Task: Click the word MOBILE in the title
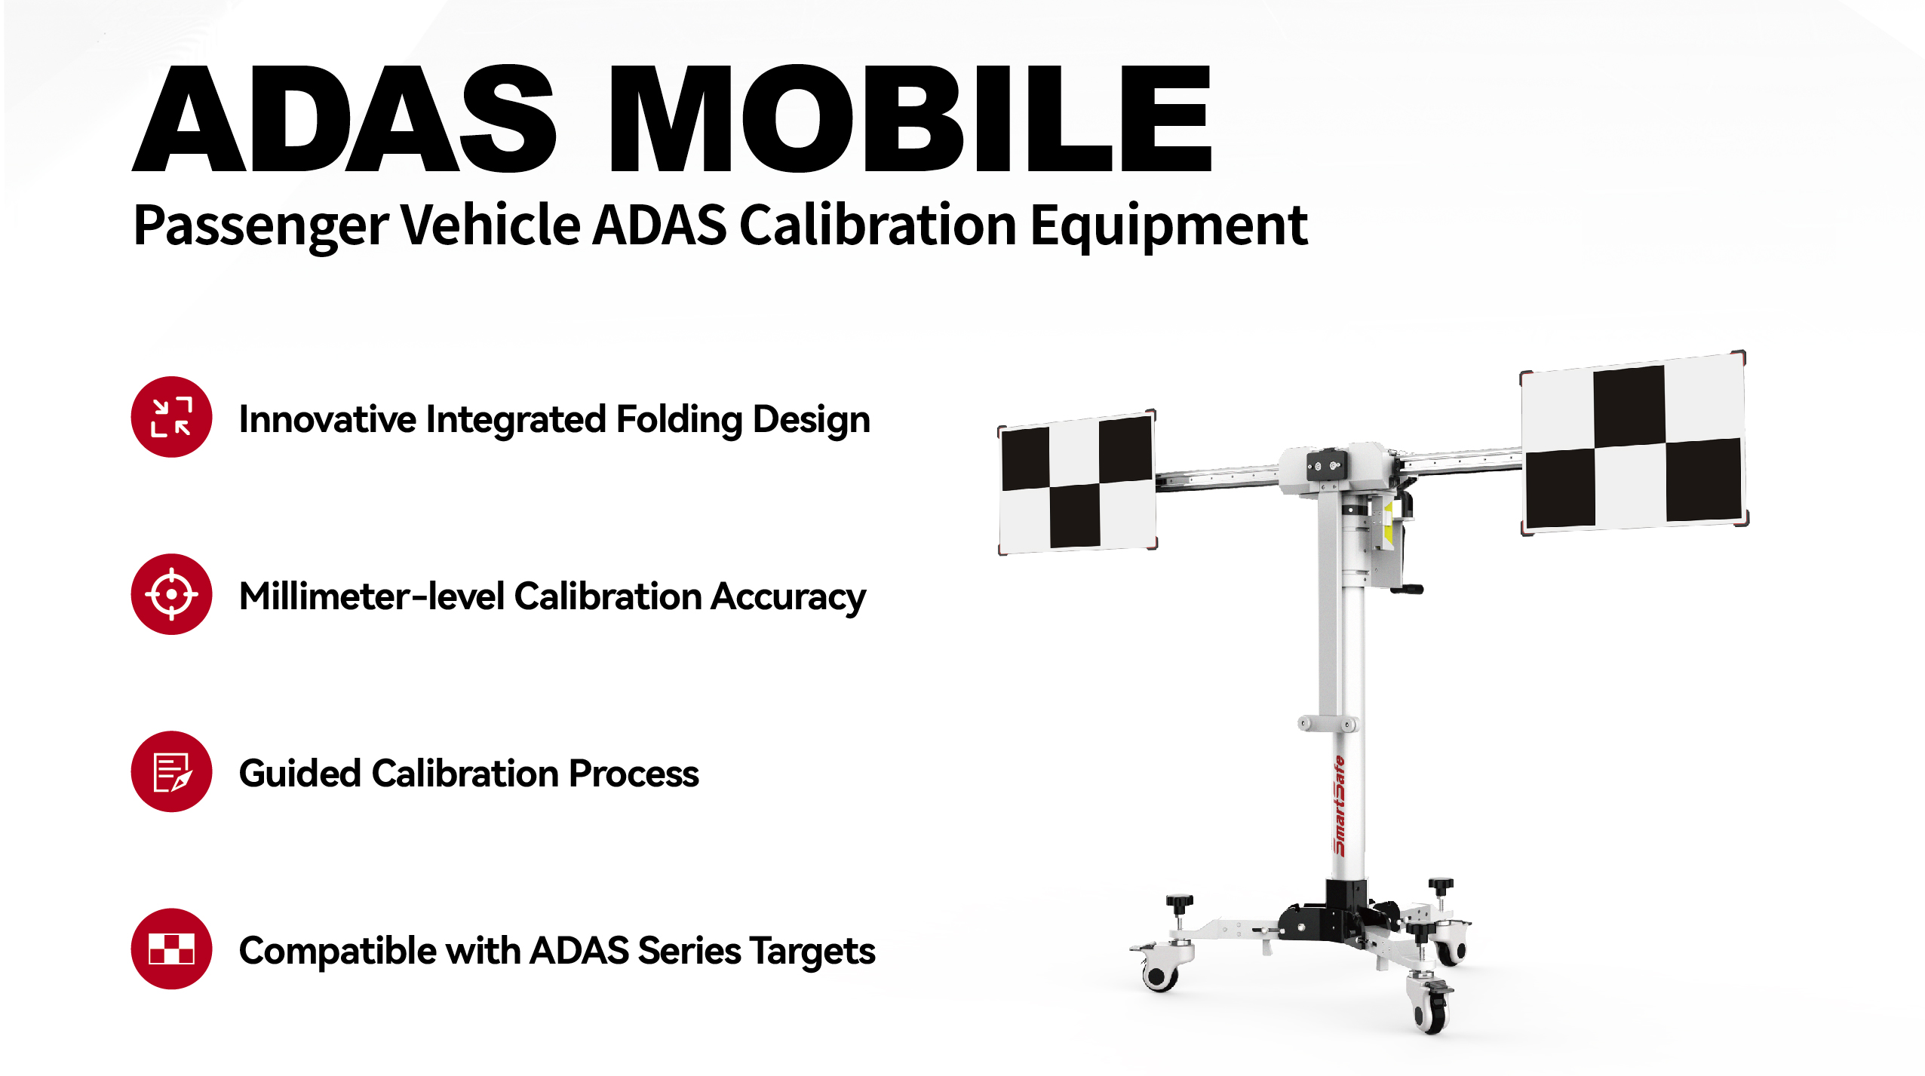910,118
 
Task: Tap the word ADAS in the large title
344,118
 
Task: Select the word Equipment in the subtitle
1168,226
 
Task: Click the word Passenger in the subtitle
261,226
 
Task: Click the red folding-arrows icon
171,417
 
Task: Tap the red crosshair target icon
171,594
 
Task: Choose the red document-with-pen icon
171,771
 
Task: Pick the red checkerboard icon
171,949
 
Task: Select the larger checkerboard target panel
1633,443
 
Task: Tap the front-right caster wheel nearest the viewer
1430,1007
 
